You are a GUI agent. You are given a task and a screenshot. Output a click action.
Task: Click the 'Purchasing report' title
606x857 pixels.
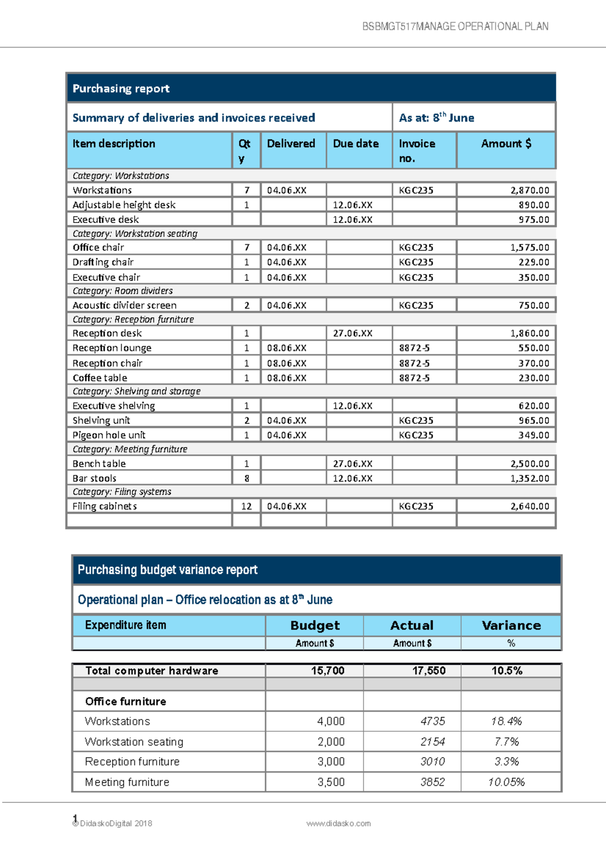click(x=121, y=89)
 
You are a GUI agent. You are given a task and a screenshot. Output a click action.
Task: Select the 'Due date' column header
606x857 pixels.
click(x=356, y=144)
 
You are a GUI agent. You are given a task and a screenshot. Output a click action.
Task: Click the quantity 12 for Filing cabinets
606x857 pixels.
click(x=246, y=506)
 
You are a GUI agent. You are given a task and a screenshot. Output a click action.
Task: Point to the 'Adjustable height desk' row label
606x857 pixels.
click(x=124, y=205)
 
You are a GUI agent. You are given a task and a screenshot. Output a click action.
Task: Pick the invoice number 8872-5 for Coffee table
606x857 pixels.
click(x=414, y=378)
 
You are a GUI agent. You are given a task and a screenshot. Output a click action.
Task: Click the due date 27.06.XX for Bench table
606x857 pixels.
click(x=352, y=464)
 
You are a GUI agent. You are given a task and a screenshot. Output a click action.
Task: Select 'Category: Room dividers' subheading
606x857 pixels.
click(x=123, y=291)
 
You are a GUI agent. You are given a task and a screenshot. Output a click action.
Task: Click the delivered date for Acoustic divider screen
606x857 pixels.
click(x=287, y=305)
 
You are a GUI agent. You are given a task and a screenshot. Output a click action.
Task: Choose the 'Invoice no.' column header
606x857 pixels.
click(x=417, y=150)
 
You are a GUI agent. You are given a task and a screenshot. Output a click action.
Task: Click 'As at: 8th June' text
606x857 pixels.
click(x=436, y=118)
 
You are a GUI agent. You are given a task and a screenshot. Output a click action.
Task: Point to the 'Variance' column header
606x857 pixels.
click(x=511, y=625)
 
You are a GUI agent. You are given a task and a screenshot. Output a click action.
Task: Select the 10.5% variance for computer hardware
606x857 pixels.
click(x=507, y=671)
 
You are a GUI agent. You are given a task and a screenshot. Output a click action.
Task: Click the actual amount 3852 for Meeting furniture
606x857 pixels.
click(x=433, y=782)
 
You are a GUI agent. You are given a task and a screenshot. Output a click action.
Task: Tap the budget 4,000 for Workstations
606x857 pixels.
click(x=331, y=721)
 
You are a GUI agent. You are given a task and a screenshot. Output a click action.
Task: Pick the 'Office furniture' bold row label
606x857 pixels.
click(x=126, y=702)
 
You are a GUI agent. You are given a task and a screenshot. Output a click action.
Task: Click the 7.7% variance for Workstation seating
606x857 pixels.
click(x=507, y=741)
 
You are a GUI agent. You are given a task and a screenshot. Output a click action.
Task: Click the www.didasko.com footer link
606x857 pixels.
click(x=338, y=823)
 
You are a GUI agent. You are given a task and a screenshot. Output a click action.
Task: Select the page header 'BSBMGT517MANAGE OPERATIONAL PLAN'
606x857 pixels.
click(x=455, y=27)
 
